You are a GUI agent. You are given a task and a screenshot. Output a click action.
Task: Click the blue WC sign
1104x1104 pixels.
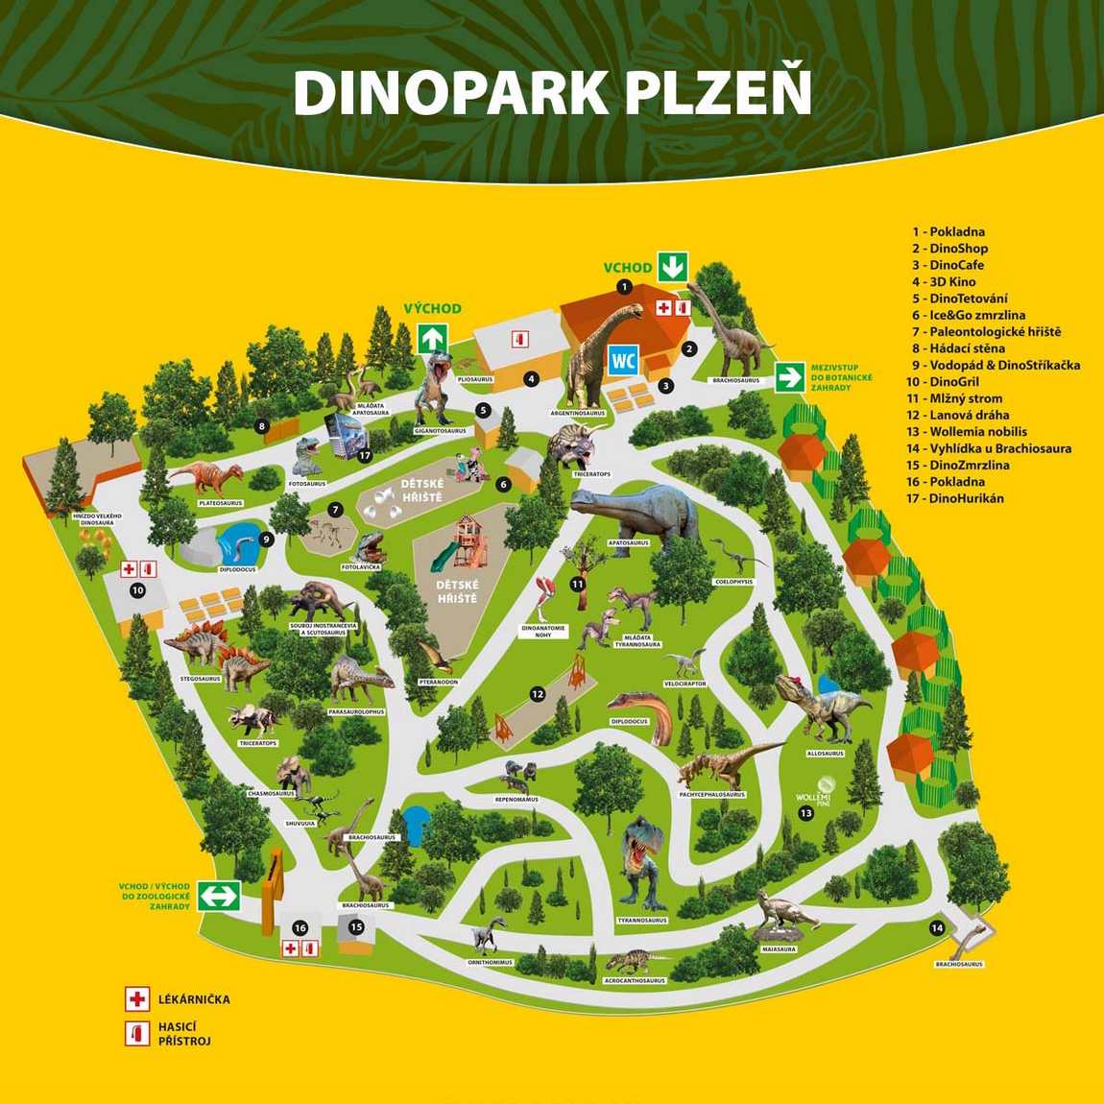point(624,361)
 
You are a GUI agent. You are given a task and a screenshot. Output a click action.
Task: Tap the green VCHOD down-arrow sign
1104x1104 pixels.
point(672,266)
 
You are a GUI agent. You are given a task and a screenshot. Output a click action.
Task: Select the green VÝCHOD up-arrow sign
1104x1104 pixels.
point(432,338)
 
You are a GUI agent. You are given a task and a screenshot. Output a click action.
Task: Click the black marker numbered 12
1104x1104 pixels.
point(538,694)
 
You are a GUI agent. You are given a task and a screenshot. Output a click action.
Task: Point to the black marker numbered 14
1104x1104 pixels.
point(937,927)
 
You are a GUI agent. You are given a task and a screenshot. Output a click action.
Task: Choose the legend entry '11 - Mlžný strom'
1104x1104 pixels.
point(954,398)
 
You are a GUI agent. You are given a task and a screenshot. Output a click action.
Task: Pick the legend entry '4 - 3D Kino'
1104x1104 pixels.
point(944,281)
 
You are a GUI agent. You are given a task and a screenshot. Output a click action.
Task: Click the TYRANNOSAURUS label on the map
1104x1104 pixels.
point(642,921)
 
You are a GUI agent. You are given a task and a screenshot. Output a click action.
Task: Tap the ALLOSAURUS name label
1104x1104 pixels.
point(825,754)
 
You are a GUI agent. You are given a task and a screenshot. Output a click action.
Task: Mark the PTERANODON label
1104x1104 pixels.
point(438,682)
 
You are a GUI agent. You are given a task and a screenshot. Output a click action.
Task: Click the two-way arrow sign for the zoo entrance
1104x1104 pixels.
point(219,896)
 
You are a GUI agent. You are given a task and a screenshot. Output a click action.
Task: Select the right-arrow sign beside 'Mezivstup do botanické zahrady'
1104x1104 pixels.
point(790,377)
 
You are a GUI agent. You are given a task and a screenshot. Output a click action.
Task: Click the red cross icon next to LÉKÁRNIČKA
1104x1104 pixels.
point(137,999)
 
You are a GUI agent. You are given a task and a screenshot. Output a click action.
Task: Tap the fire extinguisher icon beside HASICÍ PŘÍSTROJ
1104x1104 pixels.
point(137,1033)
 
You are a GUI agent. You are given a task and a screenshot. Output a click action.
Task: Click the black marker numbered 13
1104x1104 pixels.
point(806,814)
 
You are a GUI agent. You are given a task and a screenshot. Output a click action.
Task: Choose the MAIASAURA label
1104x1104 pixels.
point(779,949)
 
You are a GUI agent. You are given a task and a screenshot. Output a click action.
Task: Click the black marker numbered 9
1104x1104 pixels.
point(267,540)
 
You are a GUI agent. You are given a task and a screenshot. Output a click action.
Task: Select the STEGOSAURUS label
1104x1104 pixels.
point(200,679)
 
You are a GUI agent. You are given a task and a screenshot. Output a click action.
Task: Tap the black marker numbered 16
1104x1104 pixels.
point(300,928)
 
